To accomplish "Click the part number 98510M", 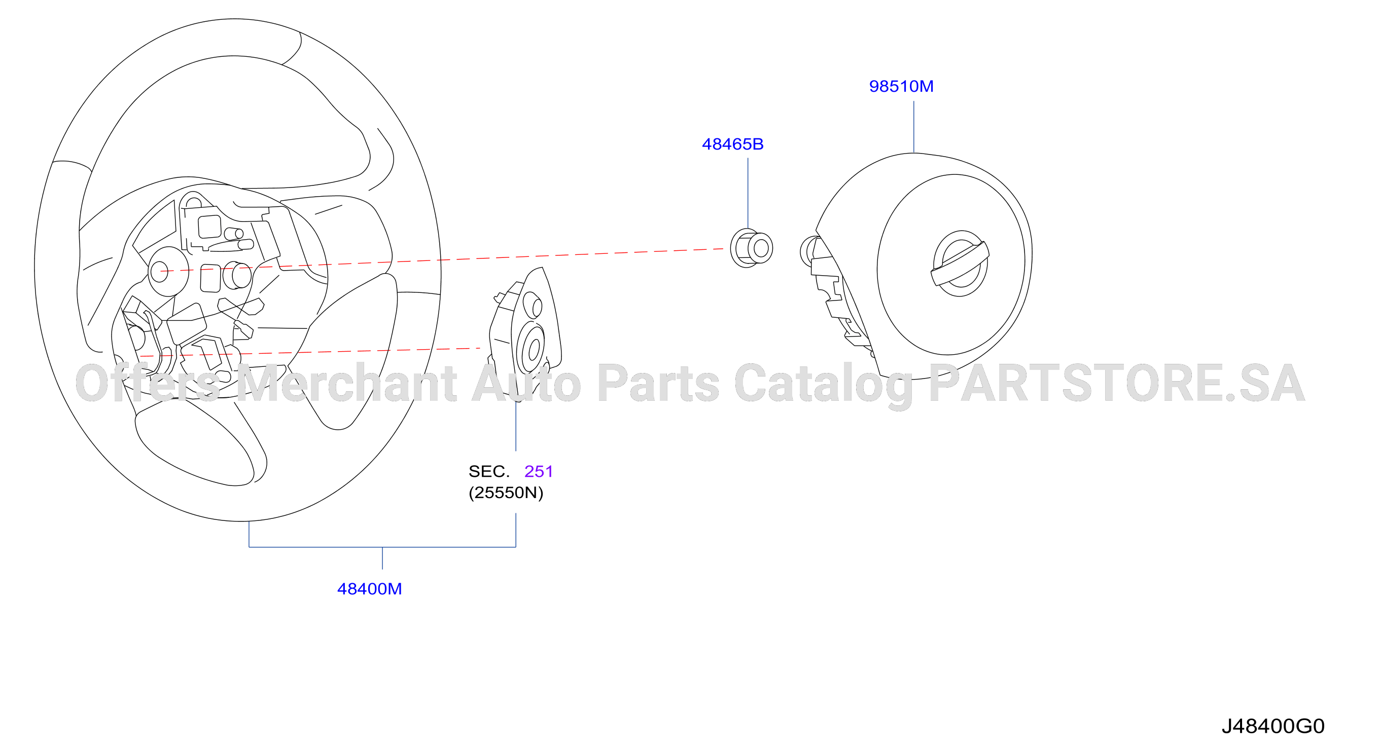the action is [901, 86].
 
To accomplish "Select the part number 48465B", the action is [732, 144].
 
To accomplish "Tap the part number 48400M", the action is [369, 588].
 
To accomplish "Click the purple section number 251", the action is [538, 471].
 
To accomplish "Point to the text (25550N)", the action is [506, 492].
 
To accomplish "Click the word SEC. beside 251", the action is [489, 471].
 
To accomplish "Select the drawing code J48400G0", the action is [1273, 726].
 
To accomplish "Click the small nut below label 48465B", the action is [751, 248].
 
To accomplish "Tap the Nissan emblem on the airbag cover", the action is [960, 264].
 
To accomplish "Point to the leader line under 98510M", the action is [913, 127].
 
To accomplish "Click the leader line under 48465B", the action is [748, 194].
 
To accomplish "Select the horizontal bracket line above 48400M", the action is [382, 547].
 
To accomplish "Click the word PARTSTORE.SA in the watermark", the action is [1117, 383].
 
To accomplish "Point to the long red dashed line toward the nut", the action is [442, 260].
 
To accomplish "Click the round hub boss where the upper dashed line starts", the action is [168, 272].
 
